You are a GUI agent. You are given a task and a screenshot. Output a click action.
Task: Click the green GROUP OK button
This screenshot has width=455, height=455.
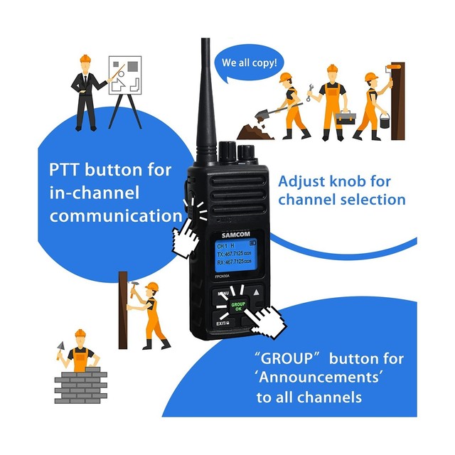(x=238, y=306)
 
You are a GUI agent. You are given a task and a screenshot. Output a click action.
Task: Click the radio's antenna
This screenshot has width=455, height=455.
(x=207, y=92)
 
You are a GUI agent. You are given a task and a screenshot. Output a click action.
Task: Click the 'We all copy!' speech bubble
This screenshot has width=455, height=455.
(x=248, y=63)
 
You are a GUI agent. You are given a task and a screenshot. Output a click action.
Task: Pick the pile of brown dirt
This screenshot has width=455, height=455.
(x=254, y=132)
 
